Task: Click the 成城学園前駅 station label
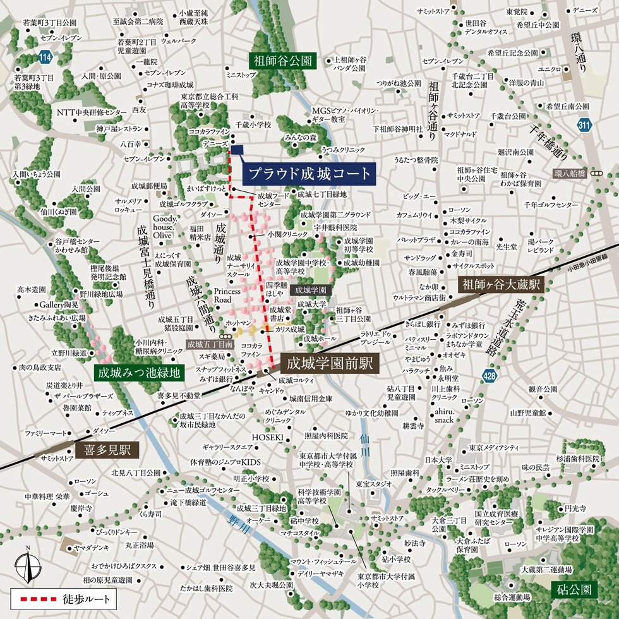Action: point(329,364)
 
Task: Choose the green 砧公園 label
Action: point(574,589)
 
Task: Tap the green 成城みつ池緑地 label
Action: point(139,373)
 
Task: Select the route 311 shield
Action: point(584,125)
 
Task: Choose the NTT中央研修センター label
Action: point(88,112)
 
